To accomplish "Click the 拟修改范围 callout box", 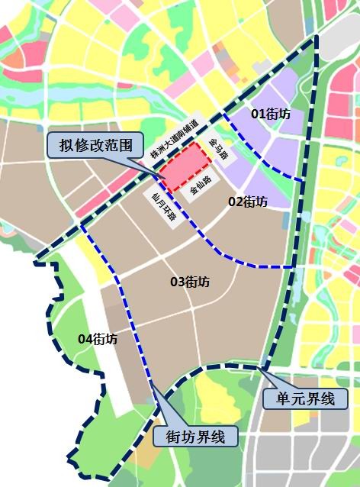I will (x=95, y=144).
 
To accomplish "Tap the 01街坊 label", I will (x=271, y=114).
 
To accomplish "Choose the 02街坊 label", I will (x=248, y=202).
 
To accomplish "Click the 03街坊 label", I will (x=190, y=282).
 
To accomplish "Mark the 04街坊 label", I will (x=98, y=339).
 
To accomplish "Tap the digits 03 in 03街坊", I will (x=177, y=282).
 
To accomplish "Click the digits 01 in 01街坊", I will (x=259, y=114).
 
